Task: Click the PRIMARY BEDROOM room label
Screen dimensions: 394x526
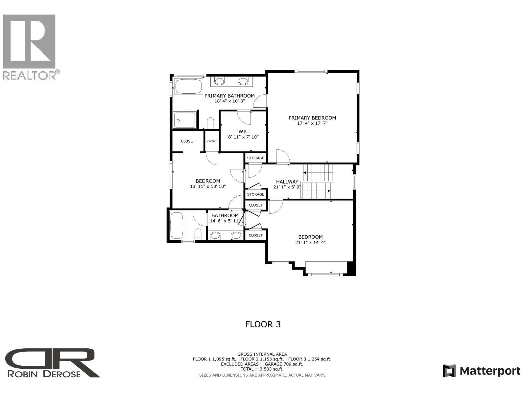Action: coord(312,118)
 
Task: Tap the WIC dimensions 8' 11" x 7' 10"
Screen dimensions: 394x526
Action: coord(243,137)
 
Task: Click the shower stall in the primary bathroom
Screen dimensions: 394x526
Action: coord(185,120)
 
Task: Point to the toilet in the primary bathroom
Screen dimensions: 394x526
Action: coord(210,123)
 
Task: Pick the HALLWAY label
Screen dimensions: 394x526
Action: coord(287,182)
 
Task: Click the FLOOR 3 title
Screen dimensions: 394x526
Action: coord(263,324)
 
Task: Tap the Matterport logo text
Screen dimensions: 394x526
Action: coord(490,371)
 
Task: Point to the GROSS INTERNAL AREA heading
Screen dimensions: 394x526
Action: coord(262,354)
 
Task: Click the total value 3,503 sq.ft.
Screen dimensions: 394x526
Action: coord(272,369)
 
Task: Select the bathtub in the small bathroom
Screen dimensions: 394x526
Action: coord(177,226)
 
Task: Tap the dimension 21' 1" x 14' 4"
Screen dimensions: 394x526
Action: coord(310,243)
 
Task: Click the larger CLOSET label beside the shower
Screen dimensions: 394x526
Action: coord(188,141)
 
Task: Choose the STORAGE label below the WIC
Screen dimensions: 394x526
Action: coord(255,158)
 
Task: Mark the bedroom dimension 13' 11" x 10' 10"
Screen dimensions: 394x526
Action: coord(208,186)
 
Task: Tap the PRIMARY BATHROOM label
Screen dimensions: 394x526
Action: coord(229,96)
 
